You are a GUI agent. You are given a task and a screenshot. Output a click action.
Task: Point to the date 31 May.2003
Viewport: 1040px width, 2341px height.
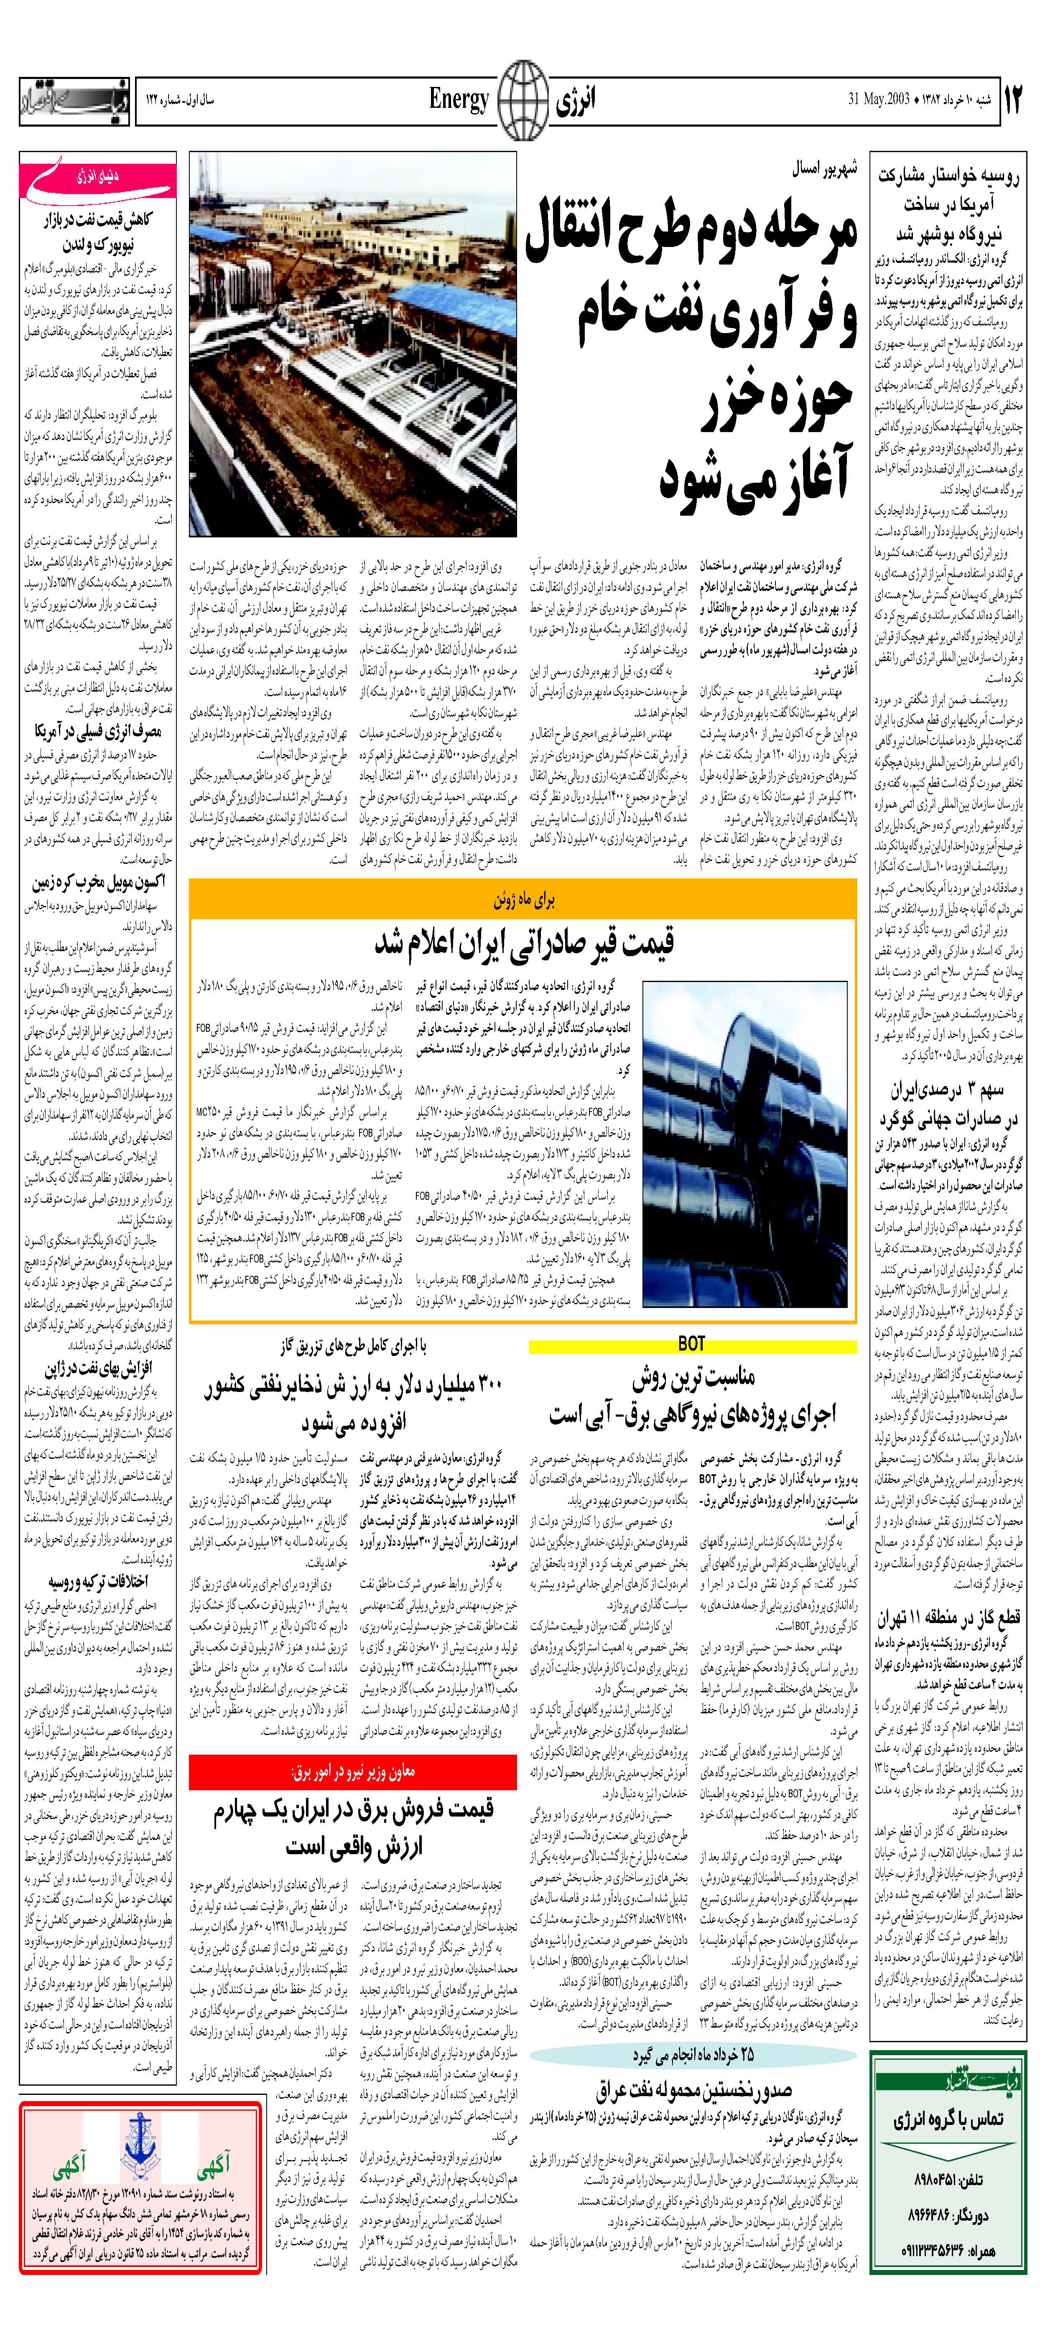tap(879, 98)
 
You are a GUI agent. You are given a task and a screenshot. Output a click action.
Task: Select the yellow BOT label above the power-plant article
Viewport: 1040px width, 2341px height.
tap(692, 1344)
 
